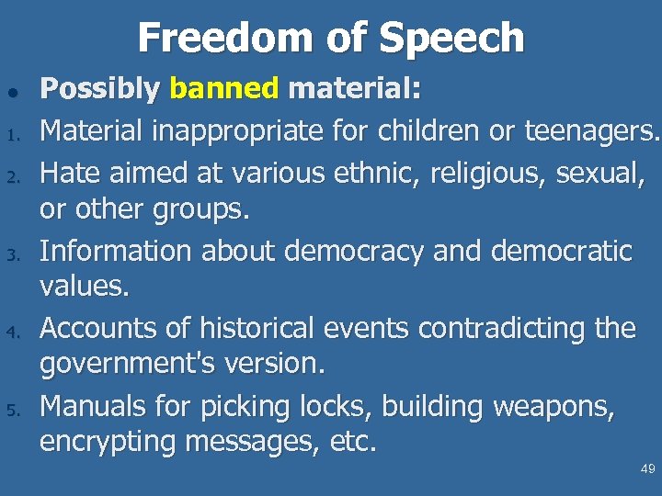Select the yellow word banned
coord(224,89)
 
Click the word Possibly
coord(100,89)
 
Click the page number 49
coord(647,469)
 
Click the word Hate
coord(73,170)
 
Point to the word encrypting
coord(108,443)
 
